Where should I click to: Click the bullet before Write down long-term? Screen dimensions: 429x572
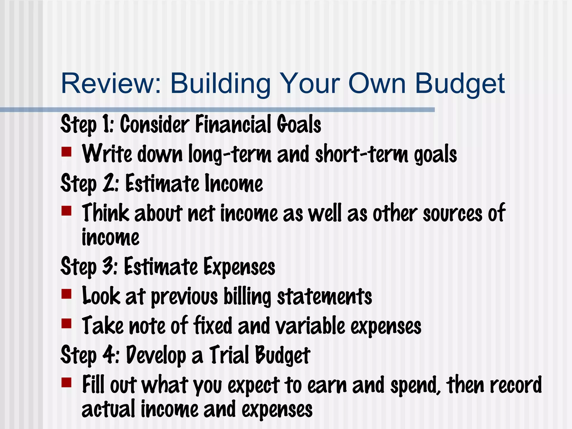click(x=66, y=152)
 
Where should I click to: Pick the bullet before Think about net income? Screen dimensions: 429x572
click(x=66, y=211)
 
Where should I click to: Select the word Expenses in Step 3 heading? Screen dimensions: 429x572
click(x=239, y=267)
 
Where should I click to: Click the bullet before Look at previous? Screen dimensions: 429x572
click(x=66, y=294)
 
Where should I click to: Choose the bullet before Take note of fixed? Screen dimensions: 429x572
click(x=66, y=323)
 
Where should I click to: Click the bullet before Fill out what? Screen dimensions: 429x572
click(x=66, y=382)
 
